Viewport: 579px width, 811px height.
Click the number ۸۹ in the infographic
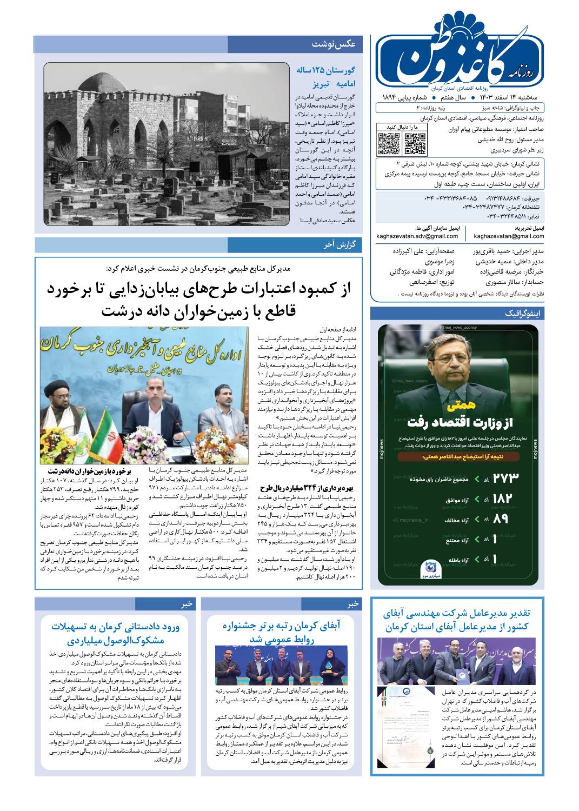(502, 519)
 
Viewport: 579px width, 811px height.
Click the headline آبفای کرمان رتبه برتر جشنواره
(282, 626)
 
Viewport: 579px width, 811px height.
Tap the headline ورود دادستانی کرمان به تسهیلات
(115, 627)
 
